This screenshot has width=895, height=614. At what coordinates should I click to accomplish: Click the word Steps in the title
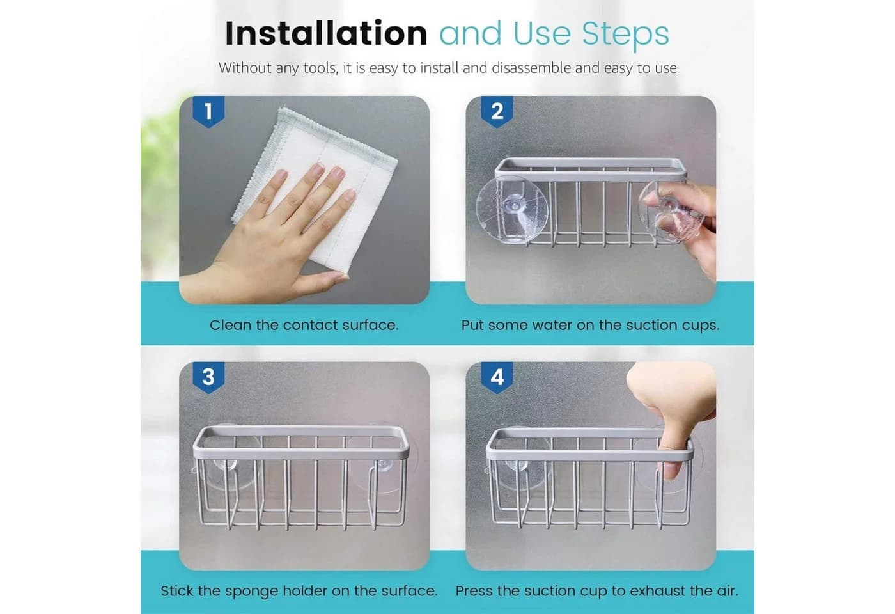point(625,35)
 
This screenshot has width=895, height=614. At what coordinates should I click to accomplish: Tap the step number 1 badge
point(208,111)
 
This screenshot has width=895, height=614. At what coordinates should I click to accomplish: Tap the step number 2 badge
point(497,111)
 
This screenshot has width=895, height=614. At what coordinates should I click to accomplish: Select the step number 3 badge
point(208,377)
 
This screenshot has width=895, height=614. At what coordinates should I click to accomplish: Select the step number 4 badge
point(497,377)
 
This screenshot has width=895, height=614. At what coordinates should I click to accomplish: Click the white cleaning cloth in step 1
point(320,180)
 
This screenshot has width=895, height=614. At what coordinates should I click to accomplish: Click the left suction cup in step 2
point(511,210)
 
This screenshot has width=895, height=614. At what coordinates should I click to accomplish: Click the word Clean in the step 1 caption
point(231,325)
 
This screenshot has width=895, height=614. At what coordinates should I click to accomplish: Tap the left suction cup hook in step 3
point(224,464)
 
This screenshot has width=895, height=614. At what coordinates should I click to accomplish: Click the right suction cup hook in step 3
point(384,464)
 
